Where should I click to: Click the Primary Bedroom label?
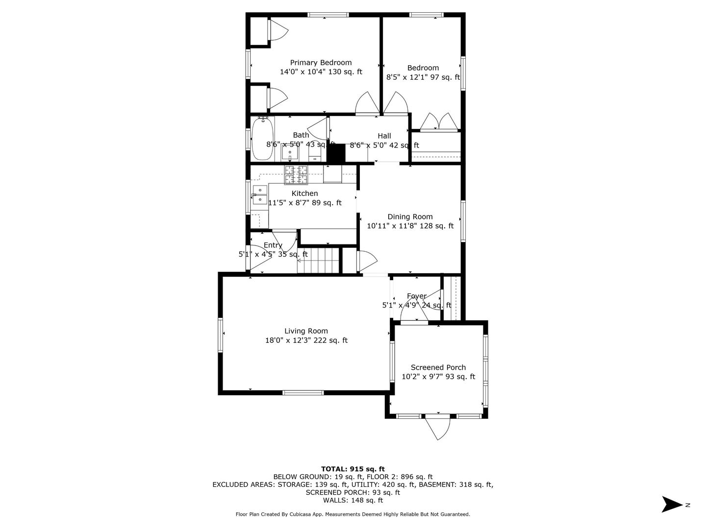coord(321,63)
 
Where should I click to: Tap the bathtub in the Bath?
coord(262,139)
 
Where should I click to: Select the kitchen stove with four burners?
coord(296,175)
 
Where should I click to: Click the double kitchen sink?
coord(260,195)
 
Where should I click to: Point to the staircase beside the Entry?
coord(318,261)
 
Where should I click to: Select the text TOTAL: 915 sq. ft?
coord(353,469)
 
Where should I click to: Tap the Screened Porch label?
coord(438,367)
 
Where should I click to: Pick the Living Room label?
coord(306,331)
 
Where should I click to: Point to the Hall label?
coord(384,136)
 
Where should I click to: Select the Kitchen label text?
coord(304,193)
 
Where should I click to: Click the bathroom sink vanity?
coord(290,152)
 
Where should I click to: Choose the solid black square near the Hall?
coord(336,153)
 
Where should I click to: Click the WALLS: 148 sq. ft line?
coord(353,500)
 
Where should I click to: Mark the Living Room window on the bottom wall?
coord(303,392)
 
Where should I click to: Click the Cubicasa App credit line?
coord(353,514)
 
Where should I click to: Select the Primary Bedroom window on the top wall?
coord(328,15)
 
